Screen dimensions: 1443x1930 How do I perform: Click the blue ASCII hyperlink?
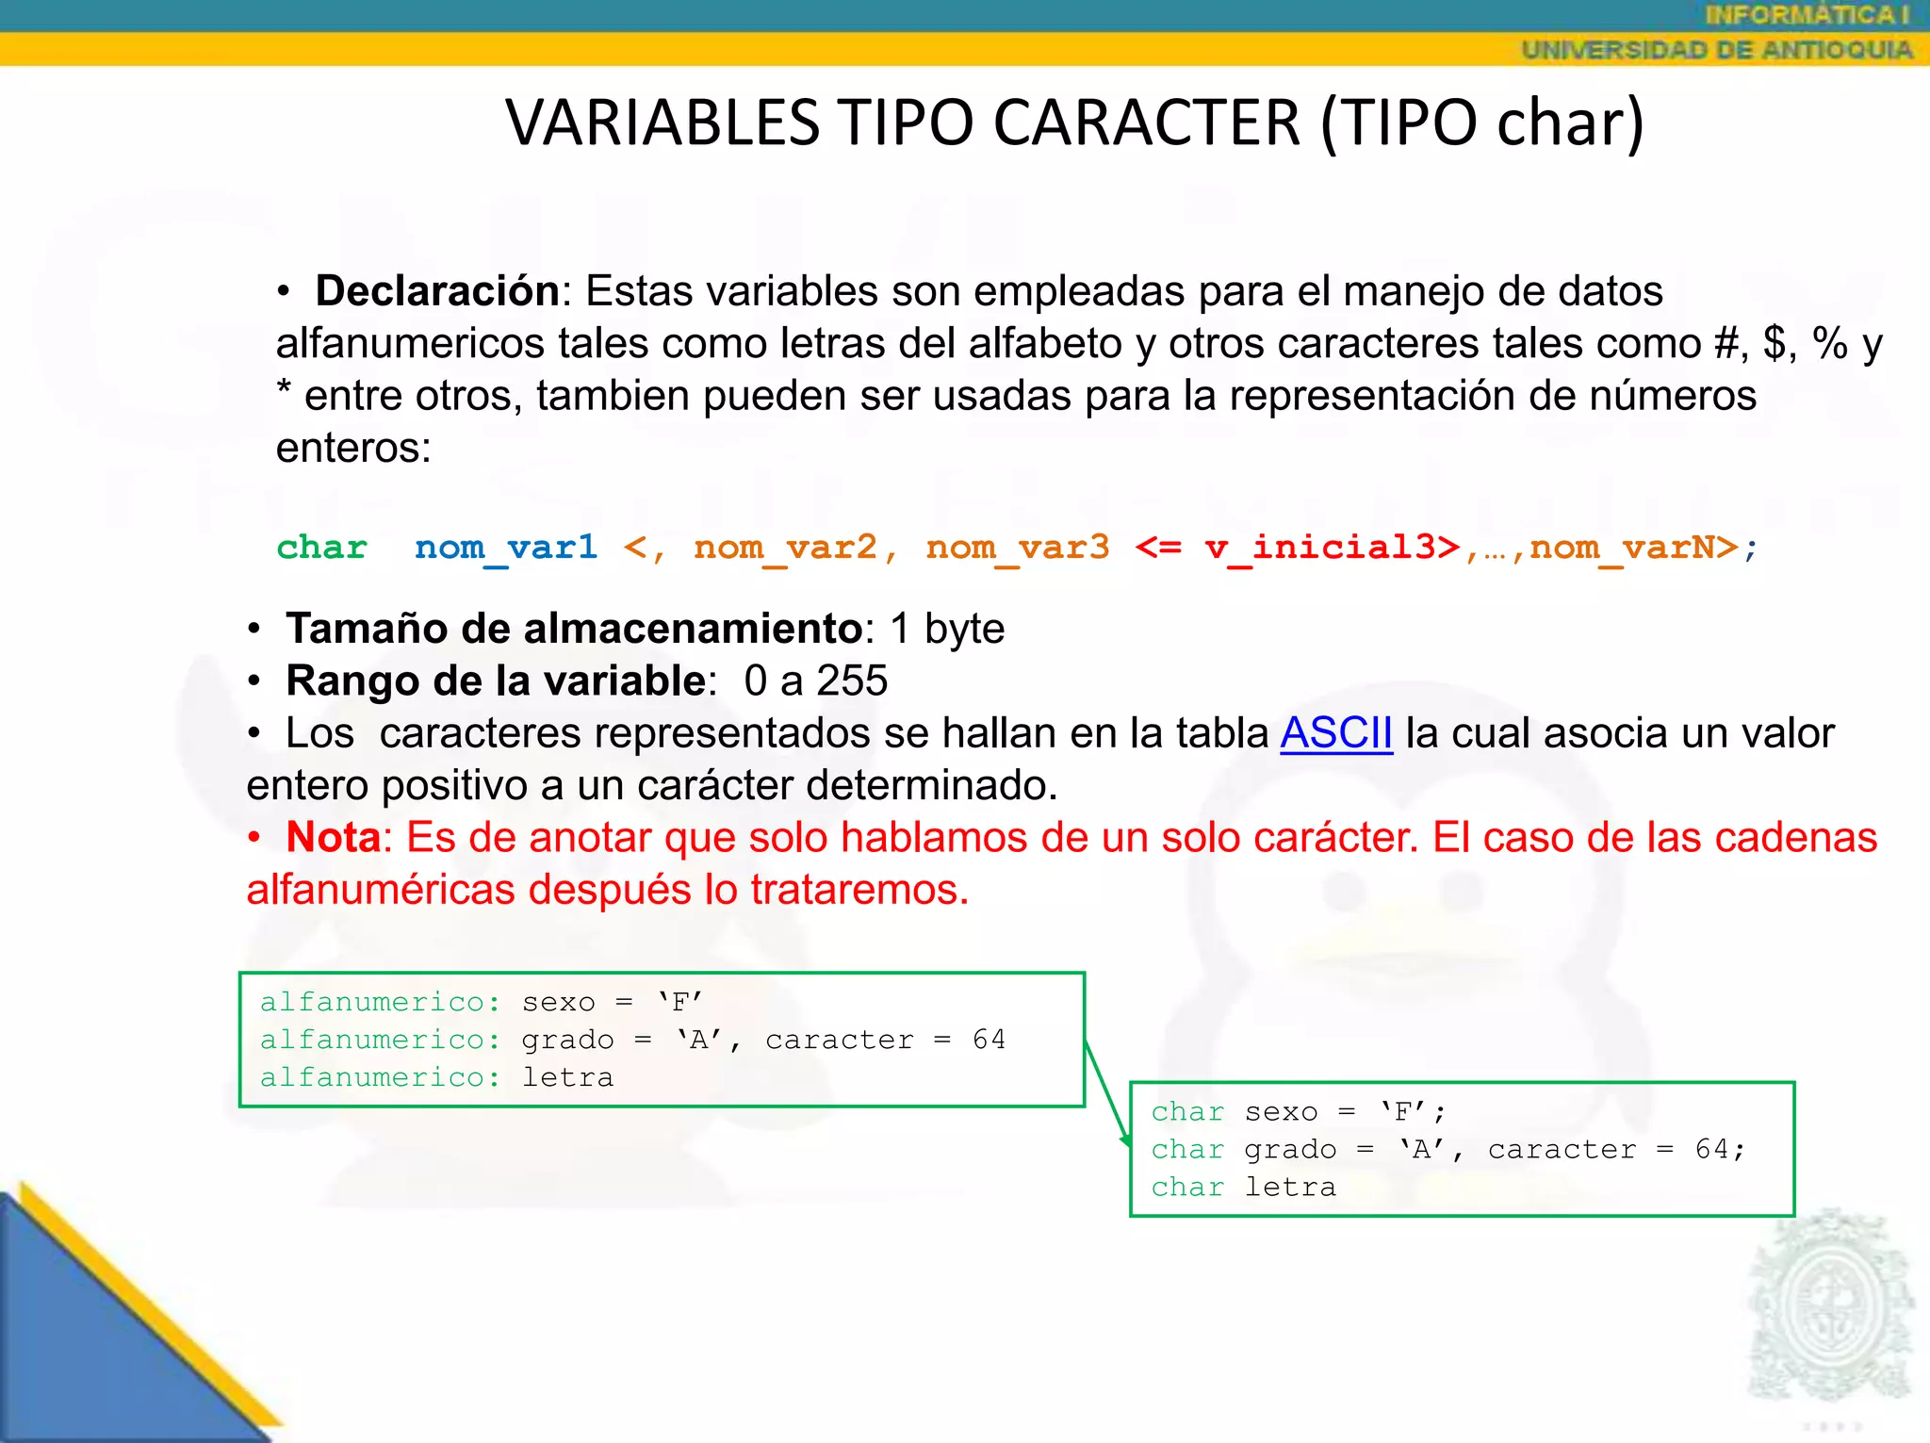(1335, 733)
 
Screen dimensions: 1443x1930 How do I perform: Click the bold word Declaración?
(438, 291)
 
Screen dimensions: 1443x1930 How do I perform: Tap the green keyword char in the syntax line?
(321, 547)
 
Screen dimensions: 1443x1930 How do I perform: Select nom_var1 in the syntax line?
(506, 547)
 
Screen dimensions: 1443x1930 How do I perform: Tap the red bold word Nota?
(334, 837)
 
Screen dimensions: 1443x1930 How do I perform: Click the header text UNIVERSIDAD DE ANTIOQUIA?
(1716, 49)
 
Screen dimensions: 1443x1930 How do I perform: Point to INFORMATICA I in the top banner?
(1807, 15)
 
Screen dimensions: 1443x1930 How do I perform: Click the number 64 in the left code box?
(989, 1040)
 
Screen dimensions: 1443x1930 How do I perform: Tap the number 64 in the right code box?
(1712, 1149)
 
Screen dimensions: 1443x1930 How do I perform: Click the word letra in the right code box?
(1290, 1187)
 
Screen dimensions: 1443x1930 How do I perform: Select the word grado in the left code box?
(567, 1040)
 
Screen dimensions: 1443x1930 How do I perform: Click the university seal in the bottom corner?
(1828, 1310)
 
